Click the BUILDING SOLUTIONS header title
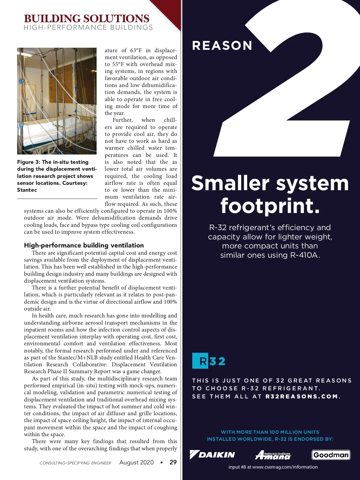(86, 18)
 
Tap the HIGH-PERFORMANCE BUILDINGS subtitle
(88, 28)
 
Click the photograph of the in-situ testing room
(57, 101)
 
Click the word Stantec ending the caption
(27, 190)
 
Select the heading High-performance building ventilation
(84, 245)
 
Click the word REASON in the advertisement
(222, 46)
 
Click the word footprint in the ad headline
(270, 206)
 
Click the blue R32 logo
(209, 361)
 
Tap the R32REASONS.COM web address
(302, 396)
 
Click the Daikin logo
(212, 455)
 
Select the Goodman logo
(331, 455)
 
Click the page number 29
(173, 462)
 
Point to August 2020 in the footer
(136, 462)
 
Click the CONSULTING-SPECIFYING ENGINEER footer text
(75, 463)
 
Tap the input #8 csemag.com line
(273, 467)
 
